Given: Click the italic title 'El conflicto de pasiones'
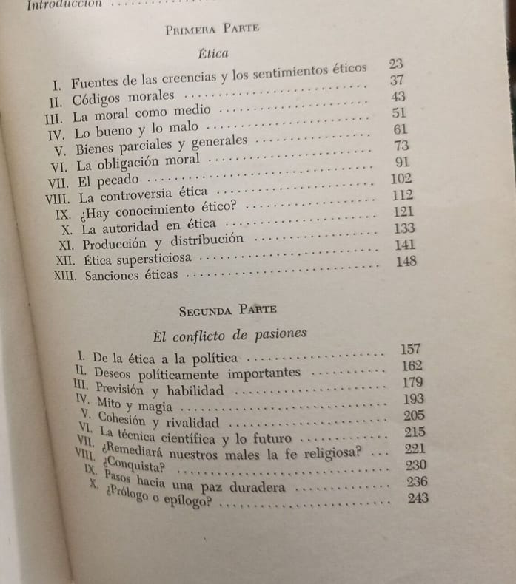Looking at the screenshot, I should [x=229, y=334].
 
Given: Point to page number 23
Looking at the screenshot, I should [x=395, y=64].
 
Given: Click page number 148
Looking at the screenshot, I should [x=406, y=261].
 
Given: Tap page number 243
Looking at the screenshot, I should [x=419, y=498].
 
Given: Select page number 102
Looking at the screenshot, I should [x=401, y=178].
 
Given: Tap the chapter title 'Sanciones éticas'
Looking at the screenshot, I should [x=131, y=276].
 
